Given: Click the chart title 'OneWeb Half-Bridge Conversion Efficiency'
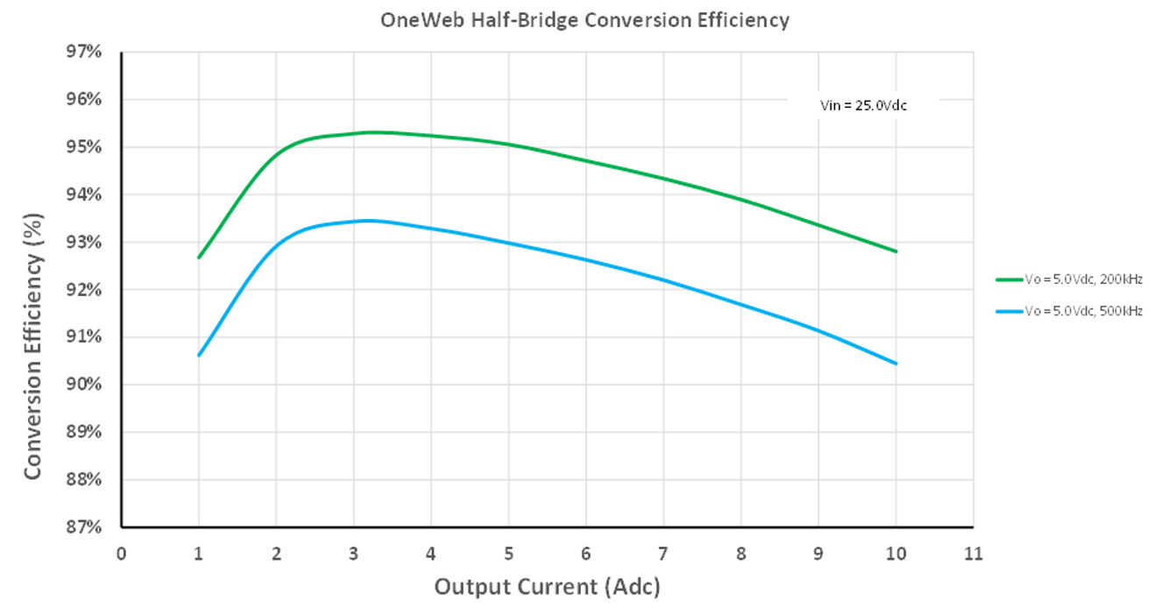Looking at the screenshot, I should pyautogui.click(x=584, y=19).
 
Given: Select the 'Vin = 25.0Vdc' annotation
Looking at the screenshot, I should pyautogui.click(x=862, y=105).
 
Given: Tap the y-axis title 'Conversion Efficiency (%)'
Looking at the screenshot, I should pyautogui.click(x=32, y=345).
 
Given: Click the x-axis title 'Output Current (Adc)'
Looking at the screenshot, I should pyautogui.click(x=548, y=586).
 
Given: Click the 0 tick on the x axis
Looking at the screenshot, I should pyautogui.click(x=121, y=554).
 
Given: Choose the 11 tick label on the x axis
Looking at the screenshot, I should pyautogui.click(x=973, y=554).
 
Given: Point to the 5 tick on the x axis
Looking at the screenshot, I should pyautogui.click(x=508, y=554).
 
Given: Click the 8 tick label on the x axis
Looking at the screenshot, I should pyautogui.click(x=740, y=554).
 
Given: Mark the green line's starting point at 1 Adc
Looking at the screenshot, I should pyautogui.click(x=199, y=258).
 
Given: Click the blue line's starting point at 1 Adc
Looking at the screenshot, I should pyautogui.click(x=199, y=355).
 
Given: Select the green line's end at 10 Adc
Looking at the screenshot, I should pyautogui.click(x=896, y=251).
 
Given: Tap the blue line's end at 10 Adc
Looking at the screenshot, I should pyautogui.click(x=896, y=364).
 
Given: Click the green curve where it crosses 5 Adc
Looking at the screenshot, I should pyautogui.click(x=508, y=145).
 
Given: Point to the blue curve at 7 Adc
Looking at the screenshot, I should pyautogui.click(x=663, y=280).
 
